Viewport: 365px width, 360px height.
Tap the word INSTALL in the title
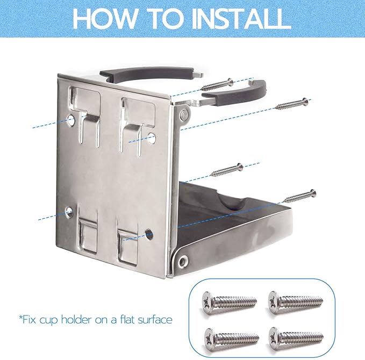240,18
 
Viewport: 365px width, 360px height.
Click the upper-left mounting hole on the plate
71,120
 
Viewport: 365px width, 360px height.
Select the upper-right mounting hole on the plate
152,138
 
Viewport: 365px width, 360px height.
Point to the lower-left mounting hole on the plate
69,211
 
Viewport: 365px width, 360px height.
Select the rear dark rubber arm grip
147,73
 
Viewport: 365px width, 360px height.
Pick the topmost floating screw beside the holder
217,85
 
